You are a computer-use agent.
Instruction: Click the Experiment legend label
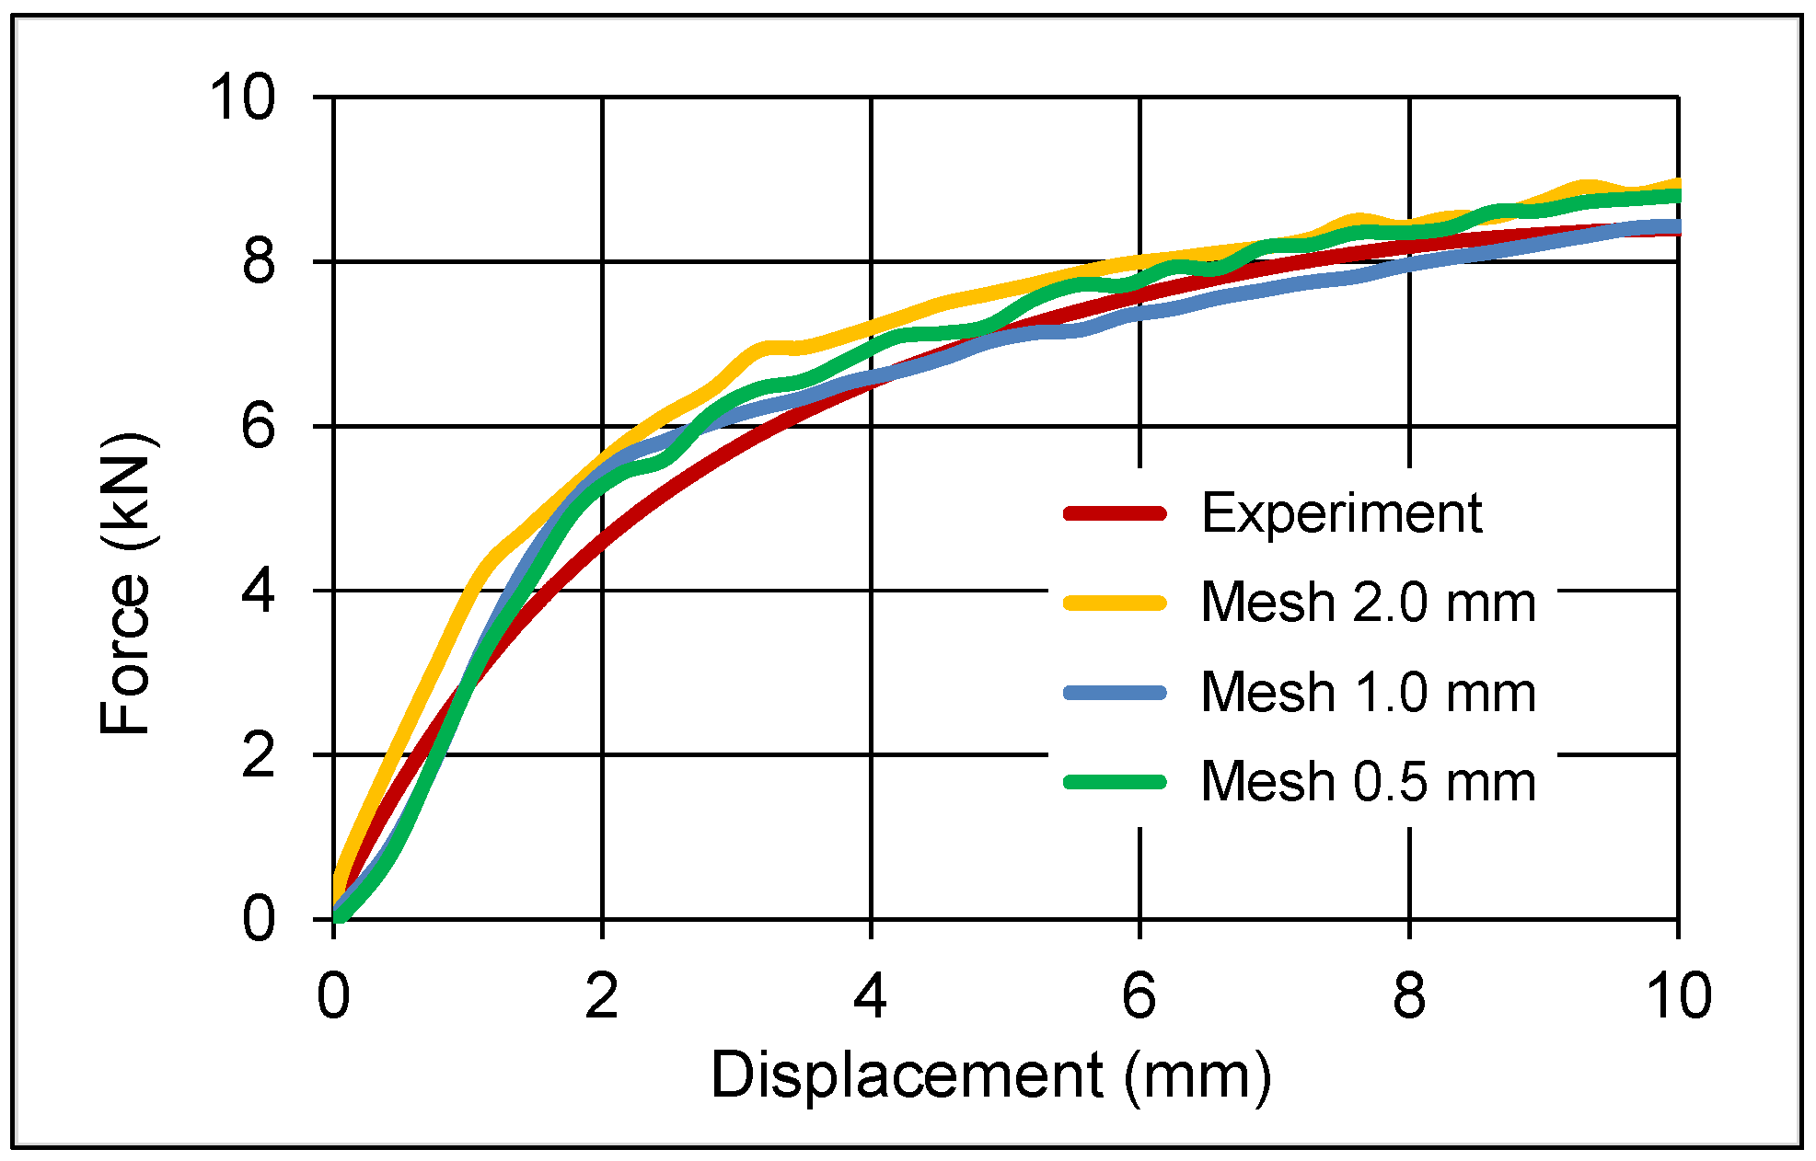(x=1341, y=513)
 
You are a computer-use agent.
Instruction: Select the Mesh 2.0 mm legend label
(x=1368, y=603)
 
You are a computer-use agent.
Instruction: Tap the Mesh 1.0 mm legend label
(x=1368, y=692)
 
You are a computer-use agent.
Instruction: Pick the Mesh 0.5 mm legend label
(x=1368, y=782)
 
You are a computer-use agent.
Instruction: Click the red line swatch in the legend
(x=1115, y=513)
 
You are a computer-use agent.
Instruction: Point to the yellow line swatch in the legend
(x=1115, y=603)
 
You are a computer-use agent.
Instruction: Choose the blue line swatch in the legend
(x=1115, y=693)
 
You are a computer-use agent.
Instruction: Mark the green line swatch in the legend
(x=1115, y=782)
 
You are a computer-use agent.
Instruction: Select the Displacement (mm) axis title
(x=990, y=1075)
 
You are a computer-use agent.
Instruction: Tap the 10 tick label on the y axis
(x=242, y=98)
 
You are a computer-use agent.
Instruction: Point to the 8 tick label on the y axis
(x=259, y=262)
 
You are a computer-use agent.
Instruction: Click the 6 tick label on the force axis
(x=259, y=427)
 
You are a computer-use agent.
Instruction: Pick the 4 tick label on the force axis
(x=259, y=591)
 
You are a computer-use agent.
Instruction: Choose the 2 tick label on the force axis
(x=259, y=755)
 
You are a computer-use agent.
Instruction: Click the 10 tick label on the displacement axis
(x=1678, y=995)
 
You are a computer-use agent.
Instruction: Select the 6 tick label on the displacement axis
(x=1139, y=995)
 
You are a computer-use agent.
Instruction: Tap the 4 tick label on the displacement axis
(x=871, y=995)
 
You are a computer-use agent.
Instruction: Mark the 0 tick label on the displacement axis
(x=333, y=995)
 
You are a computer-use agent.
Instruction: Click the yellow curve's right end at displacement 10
(x=1676, y=183)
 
